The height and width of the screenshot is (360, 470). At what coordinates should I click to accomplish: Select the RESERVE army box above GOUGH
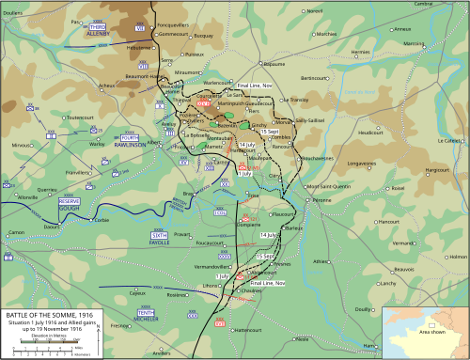(69, 202)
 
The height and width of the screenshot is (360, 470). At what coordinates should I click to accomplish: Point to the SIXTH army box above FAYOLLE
(160, 234)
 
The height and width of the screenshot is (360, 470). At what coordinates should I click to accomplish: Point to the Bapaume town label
(274, 64)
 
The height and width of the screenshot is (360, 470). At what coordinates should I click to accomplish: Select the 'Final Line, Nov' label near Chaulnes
(268, 281)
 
